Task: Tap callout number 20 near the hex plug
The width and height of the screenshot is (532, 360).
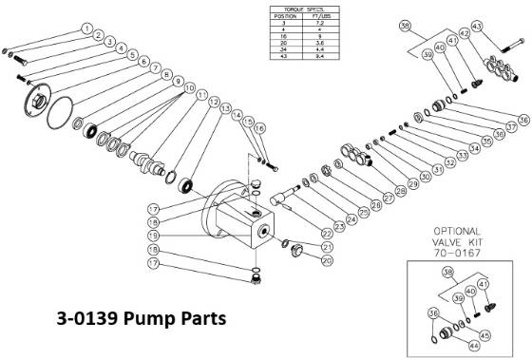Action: (x=301, y=260)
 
